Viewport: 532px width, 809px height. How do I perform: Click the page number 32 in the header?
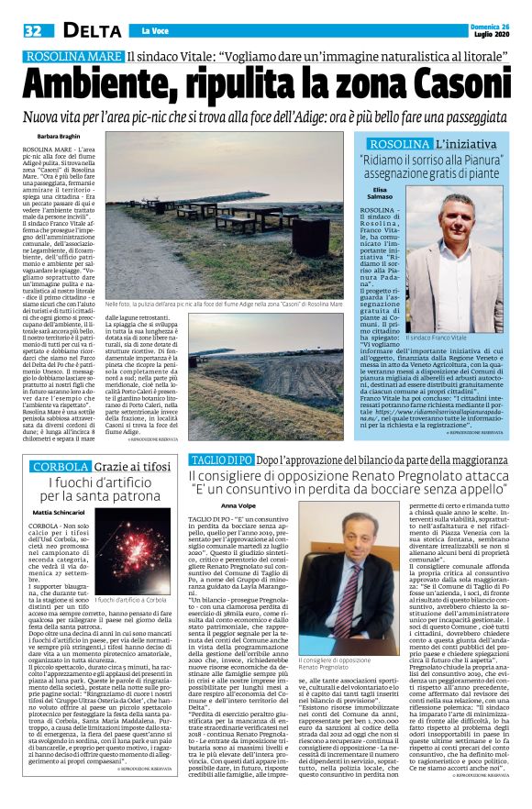click(35, 31)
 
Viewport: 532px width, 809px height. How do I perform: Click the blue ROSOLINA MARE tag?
click(72, 58)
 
